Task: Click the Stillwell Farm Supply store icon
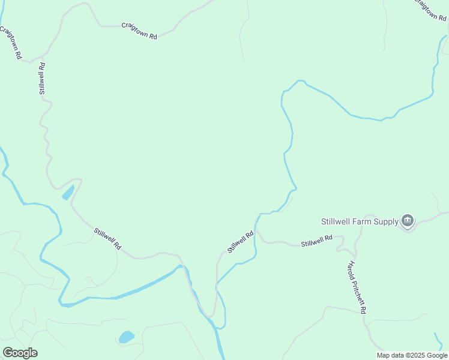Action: (408, 221)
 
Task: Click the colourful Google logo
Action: (20, 353)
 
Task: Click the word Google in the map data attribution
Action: (437, 355)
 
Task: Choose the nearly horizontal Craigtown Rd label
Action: (139, 31)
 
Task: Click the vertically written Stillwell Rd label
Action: (42, 78)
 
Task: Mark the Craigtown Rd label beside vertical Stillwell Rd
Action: (11, 42)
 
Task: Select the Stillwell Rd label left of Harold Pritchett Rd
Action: (316, 241)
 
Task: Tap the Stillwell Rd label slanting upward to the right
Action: (241, 242)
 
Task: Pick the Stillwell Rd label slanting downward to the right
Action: (108, 238)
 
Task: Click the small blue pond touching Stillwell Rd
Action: (68, 193)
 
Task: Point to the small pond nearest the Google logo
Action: (126, 337)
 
